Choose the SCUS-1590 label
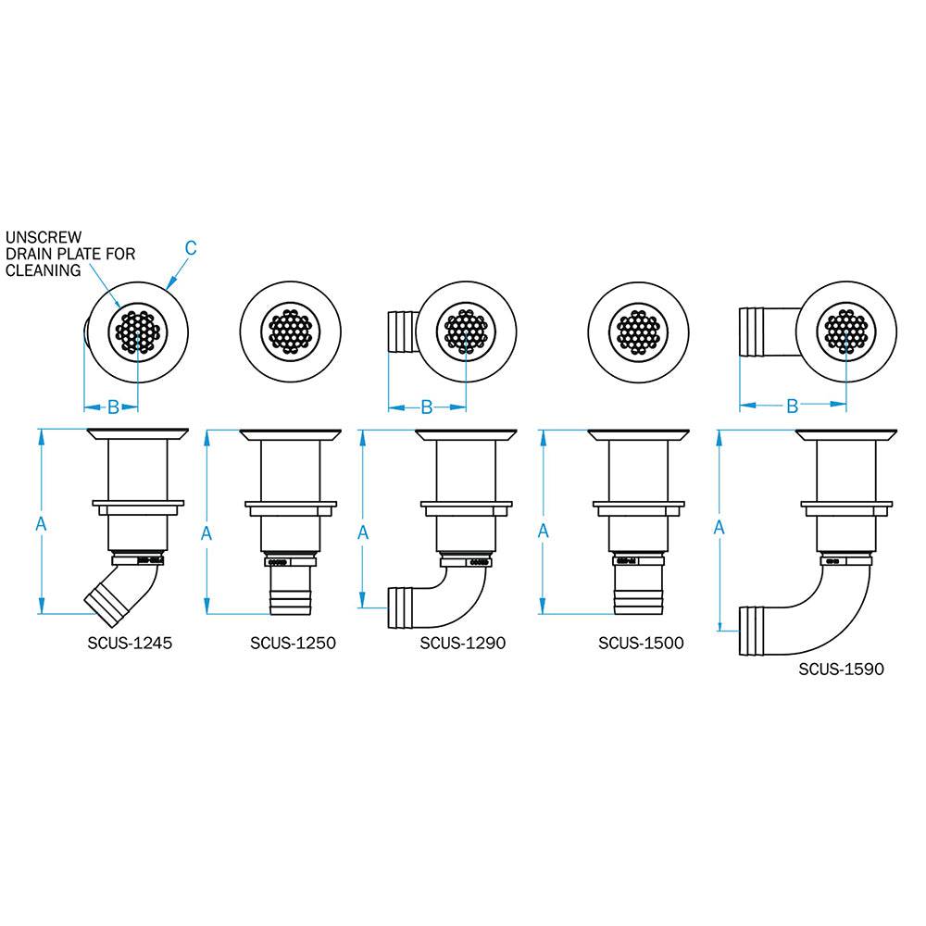[x=841, y=669]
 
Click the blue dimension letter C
[x=191, y=247]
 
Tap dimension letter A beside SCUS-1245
[x=40, y=523]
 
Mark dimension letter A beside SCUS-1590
[x=720, y=527]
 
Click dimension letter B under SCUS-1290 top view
[x=427, y=406]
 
